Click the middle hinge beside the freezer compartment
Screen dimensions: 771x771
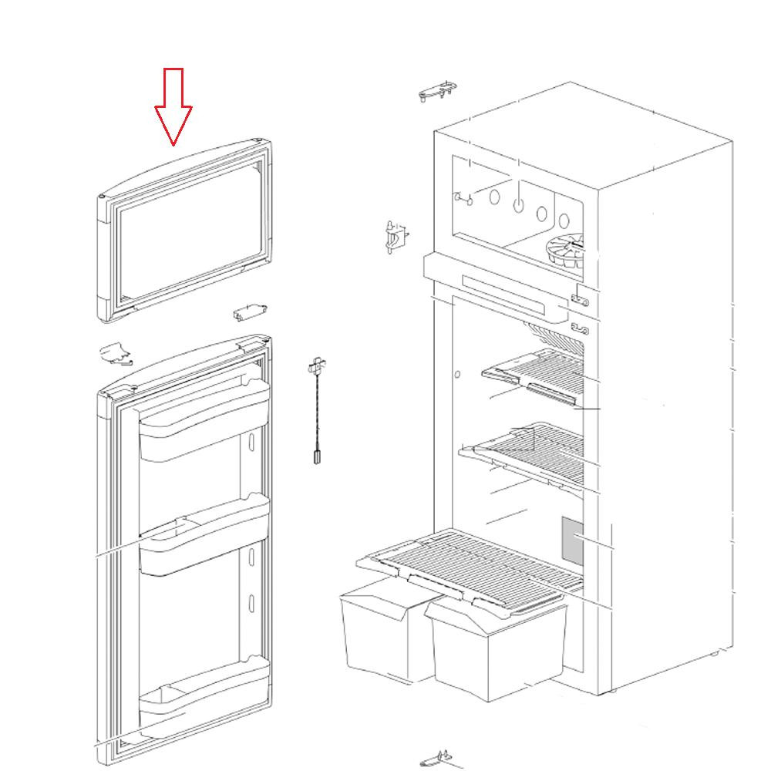[x=396, y=235]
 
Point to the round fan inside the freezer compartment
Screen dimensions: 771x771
[x=567, y=251]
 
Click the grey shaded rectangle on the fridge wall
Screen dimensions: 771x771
[x=572, y=540]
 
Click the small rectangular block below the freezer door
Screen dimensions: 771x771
[x=249, y=312]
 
